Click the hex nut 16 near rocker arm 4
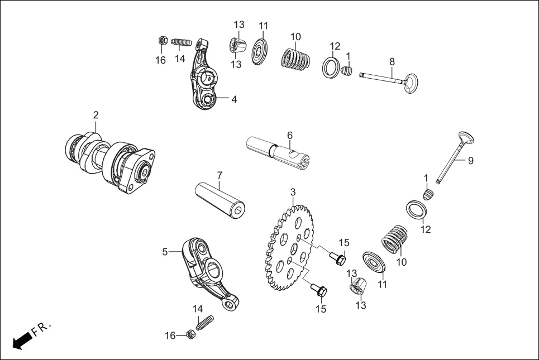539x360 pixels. (x=161, y=41)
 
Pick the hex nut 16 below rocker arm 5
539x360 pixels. (x=189, y=335)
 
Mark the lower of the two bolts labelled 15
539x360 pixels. (x=321, y=291)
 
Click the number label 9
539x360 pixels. (x=470, y=161)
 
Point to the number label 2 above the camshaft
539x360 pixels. (x=96, y=115)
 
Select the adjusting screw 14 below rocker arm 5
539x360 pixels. (x=205, y=323)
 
